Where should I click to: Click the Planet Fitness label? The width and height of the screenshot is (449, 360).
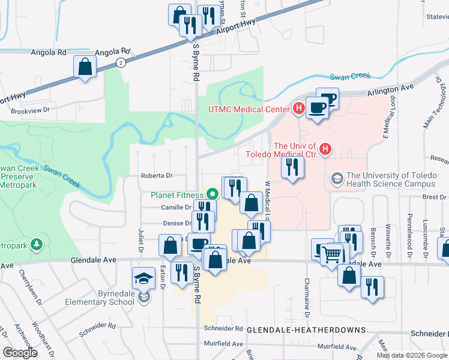point(177,194)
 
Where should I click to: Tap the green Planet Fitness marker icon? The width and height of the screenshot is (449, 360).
point(211,194)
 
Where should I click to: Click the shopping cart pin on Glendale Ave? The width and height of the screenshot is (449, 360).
point(332,254)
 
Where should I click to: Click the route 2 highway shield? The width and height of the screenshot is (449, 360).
point(121,62)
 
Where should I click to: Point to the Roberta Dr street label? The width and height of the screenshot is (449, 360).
point(157,176)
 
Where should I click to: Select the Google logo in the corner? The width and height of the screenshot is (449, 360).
point(20,353)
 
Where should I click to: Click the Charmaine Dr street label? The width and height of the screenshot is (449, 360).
point(307,299)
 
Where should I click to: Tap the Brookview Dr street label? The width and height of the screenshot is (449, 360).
point(29,111)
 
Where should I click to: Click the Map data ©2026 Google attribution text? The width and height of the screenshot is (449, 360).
point(411,355)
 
